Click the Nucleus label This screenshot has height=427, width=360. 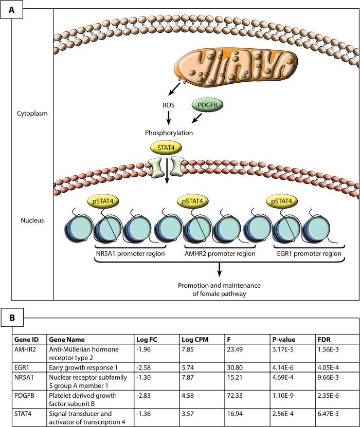(31, 220)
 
